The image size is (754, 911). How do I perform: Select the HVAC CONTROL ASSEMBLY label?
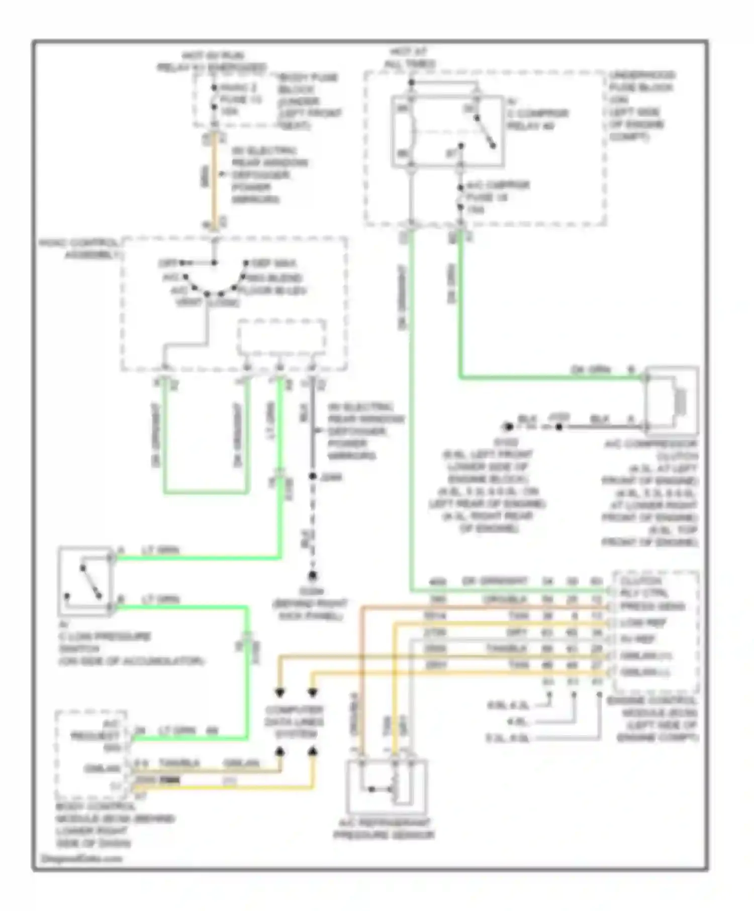pos(80,249)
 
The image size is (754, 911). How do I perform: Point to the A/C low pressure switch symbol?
pos(85,581)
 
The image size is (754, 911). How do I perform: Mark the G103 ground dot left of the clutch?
pos(508,427)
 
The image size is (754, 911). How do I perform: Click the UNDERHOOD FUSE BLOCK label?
pos(641,105)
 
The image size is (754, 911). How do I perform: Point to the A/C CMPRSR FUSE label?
pos(497,197)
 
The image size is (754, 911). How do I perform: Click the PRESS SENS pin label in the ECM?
pos(652,607)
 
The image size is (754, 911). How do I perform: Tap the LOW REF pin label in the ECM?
pos(643,623)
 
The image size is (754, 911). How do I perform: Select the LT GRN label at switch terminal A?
pos(160,550)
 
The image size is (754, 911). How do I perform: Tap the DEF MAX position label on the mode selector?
pos(273,263)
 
